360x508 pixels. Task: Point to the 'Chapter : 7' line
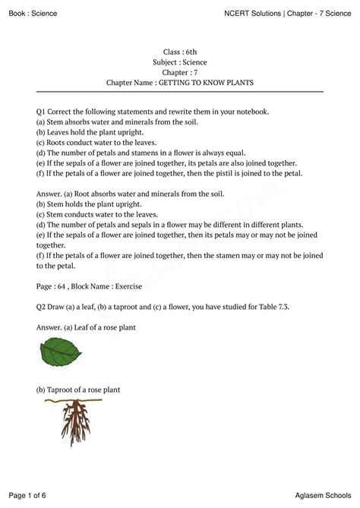179,71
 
